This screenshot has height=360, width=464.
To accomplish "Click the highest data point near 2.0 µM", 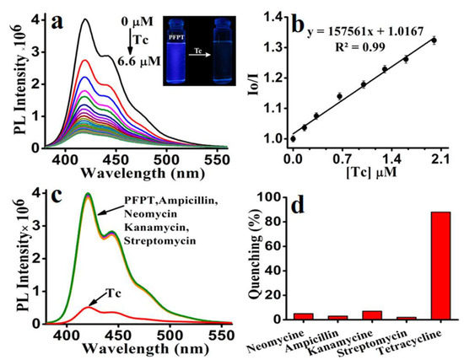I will (434, 40).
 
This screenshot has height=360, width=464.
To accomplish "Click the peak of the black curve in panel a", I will (85, 20).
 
